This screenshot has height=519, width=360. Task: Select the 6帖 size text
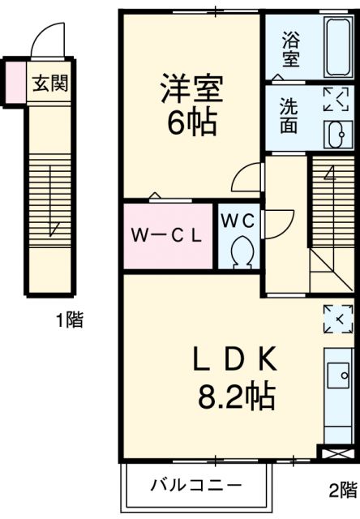191,122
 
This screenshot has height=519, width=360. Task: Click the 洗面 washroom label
289,115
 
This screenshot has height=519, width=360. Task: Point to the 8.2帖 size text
236,397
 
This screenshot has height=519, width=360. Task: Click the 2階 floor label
341,490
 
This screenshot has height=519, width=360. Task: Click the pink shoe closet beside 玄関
15,82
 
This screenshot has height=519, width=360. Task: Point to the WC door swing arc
278,221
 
